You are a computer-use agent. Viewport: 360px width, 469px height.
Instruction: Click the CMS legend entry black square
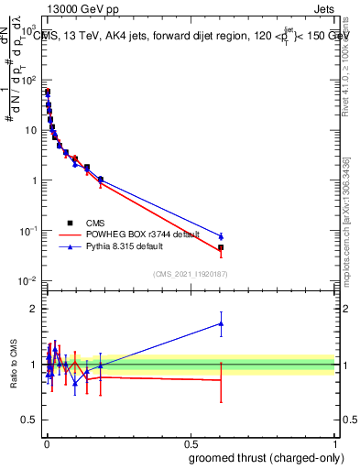pos(71,223)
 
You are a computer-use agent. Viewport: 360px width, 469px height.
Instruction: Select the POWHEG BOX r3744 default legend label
pos(140,234)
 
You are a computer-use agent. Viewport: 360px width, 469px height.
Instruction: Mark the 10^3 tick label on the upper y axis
pos(28,30)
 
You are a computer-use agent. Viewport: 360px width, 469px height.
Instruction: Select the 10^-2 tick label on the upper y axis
pos(28,281)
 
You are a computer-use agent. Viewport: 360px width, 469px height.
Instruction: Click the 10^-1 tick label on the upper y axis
pos(28,231)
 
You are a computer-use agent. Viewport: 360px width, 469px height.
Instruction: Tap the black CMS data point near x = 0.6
pos(221,247)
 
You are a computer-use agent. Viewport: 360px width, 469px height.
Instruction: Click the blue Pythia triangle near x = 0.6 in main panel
pos(221,236)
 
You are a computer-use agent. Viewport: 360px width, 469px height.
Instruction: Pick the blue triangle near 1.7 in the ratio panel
pos(221,323)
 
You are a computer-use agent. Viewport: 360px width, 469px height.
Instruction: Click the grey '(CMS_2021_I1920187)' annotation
pos(190,273)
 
